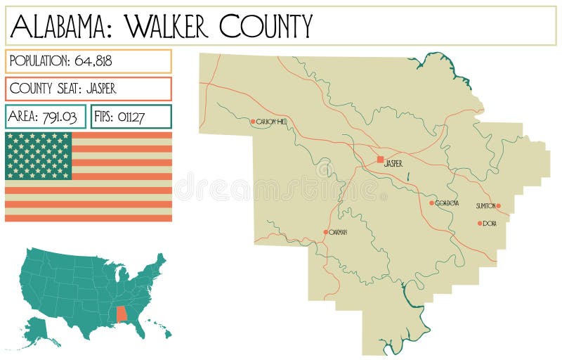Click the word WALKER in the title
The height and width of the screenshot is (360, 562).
(x=167, y=26)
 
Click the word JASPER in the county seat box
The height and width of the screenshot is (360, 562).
(x=101, y=89)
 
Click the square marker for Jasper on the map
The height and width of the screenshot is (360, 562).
(x=380, y=160)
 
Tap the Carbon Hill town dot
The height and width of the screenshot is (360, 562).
(x=253, y=122)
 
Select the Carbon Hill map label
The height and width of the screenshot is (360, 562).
(x=272, y=122)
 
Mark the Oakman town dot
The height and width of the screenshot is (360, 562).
(x=325, y=231)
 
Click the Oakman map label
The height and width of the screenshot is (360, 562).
(x=339, y=231)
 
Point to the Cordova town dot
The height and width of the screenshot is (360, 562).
(x=432, y=203)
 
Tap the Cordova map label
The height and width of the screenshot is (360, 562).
(x=447, y=203)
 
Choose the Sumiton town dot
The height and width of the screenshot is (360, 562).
(x=498, y=206)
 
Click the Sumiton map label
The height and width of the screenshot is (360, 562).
(x=485, y=206)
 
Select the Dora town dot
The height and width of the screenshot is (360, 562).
(x=480, y=224)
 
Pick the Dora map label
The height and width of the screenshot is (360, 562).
(x=490, y=224)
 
